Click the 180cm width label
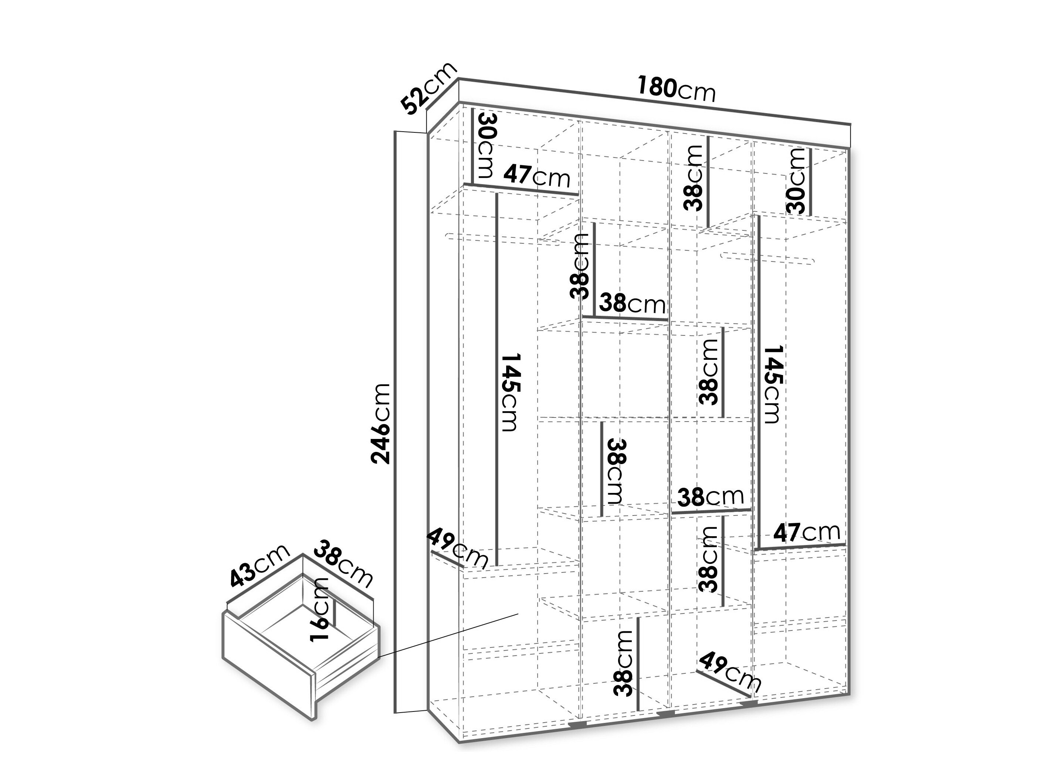676,89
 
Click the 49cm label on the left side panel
457,549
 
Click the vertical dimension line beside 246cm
395,422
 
